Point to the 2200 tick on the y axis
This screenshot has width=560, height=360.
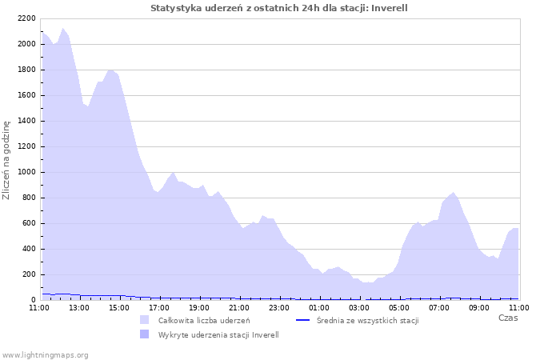pyautogui.click(x=26, y=18)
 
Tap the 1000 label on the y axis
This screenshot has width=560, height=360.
pyautogui.click(x=26, y=172)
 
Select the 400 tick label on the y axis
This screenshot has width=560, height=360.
pyautogui.click(x=29, y=249)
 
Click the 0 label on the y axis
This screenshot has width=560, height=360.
pyautogui.click(x=34, y=300)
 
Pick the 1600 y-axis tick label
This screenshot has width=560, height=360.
pyautogui.click(x=26, y=95)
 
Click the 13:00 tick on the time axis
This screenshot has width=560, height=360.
pyautogui.click(x=79, y=306)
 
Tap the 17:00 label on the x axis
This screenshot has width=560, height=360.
pyautogui.click(x=159, y=306)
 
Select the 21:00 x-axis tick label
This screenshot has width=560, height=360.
pyautogui.click(x=239, y=306)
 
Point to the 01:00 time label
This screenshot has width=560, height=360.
pyautogui.click(x=319, y=306)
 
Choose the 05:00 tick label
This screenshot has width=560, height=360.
pyautogui.click(x=399, y=306)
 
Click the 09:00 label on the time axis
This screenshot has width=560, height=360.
pyautogui.click(x=479, y=306)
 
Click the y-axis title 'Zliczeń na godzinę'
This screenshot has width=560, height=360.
pyautogui.click(x=6, y=160)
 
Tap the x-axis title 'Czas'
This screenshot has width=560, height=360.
pyautogui.click(x=508, y=318)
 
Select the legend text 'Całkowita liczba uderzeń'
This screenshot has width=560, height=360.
pyautogui.click(x=204, y=321)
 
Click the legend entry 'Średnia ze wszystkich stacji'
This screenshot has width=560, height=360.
pyautogui.click(x=367, y=321)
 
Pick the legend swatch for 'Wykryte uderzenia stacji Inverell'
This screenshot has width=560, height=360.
pyautogui.click(x=145, y=334)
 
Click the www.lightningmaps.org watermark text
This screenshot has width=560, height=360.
pyautogui.click(x=46, y=354)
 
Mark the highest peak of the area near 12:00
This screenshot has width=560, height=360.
pyautogui.click(x=63, y=28)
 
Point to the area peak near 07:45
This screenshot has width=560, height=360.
pyautogui.click(x=454, y=192)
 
